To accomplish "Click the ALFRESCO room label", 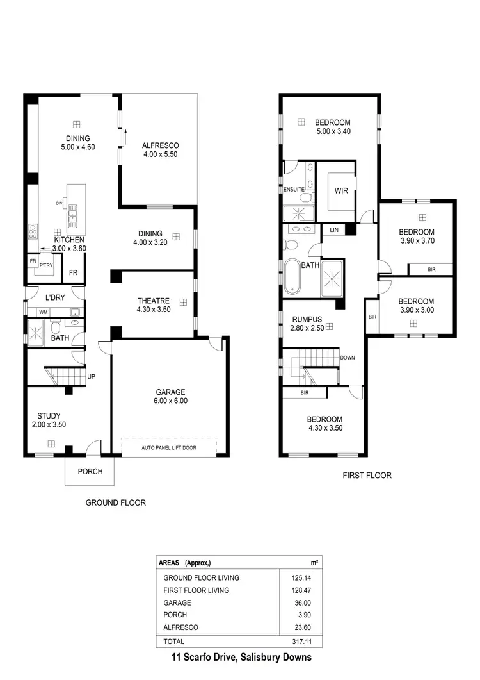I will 160,146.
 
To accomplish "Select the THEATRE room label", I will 154,301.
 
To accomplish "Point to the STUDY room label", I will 49,416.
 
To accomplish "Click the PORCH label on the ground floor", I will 90,472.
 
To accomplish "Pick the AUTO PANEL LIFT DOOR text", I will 169,447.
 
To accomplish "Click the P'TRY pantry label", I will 45,265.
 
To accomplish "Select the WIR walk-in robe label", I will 341,190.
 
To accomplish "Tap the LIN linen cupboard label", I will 334,229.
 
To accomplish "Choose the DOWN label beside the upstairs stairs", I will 348,358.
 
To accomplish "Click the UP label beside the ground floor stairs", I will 91,376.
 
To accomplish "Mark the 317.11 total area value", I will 301,641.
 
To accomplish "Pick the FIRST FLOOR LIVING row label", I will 196,590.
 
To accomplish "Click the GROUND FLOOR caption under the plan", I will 116,503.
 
